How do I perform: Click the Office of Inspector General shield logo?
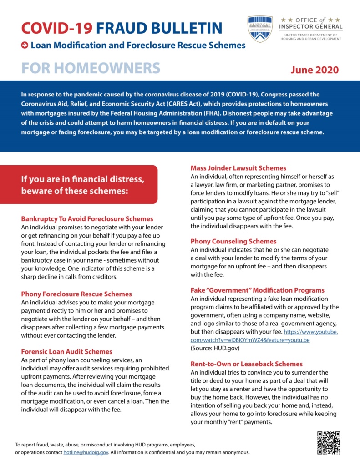click(260, 29)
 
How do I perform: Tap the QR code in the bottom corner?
click(328, 443)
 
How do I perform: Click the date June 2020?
click(315, 70)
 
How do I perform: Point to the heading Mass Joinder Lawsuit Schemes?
click(238, 168)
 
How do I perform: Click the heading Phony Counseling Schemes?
click(233, 241)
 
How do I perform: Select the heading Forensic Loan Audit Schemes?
click(66, 351)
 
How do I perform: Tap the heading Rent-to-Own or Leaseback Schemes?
click(246, 364)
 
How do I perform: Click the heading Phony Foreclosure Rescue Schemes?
click(76, 294)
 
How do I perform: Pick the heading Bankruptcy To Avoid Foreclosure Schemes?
click(87, 218)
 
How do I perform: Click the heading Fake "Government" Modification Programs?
click(257, 290)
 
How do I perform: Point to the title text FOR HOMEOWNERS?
click(91, 68)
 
